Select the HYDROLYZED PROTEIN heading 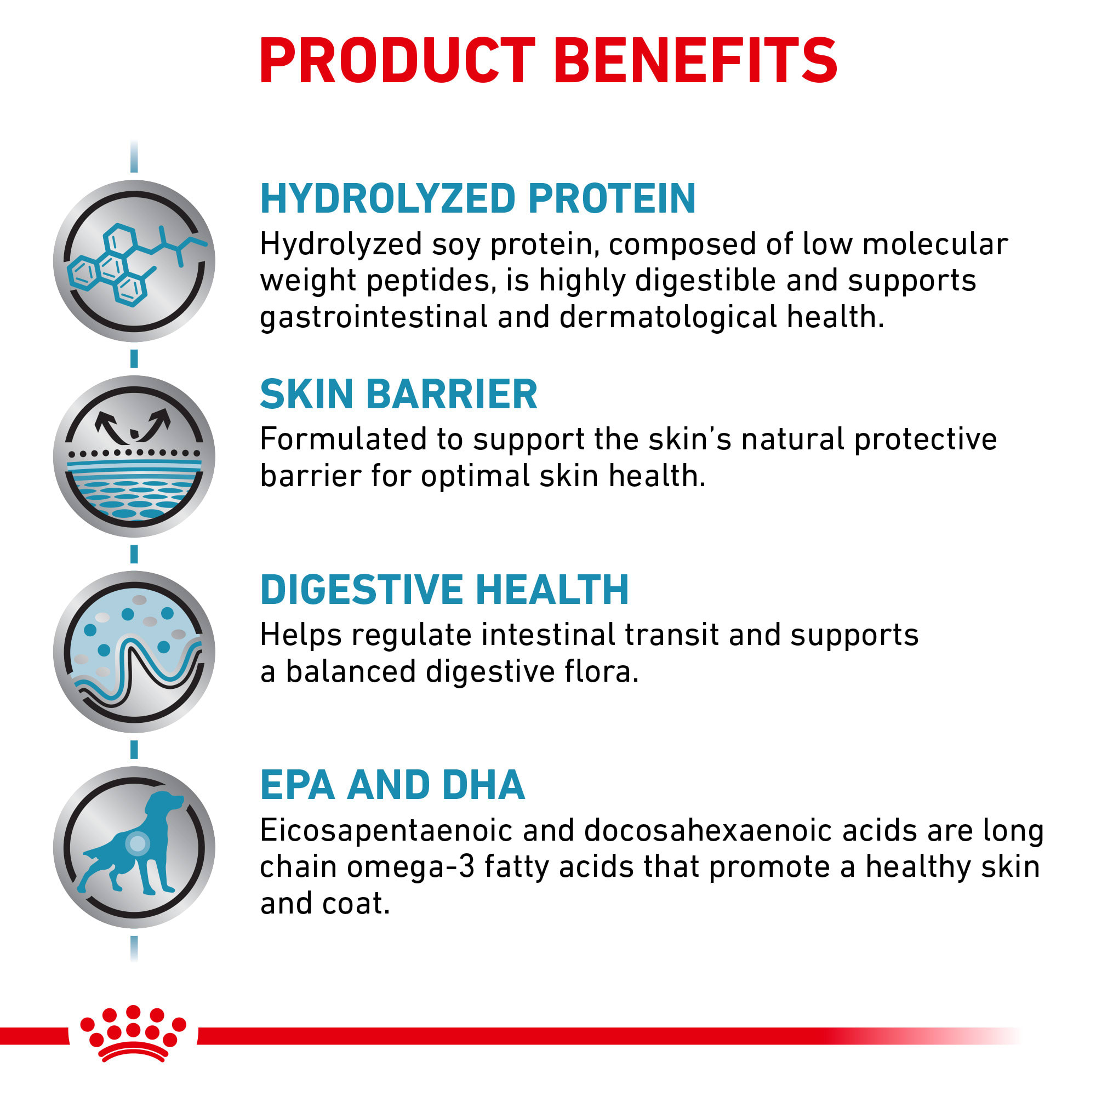478,198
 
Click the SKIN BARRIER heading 399,394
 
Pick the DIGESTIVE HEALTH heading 445,590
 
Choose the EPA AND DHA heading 392,786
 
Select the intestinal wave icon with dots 134,652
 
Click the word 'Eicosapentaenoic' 386,832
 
